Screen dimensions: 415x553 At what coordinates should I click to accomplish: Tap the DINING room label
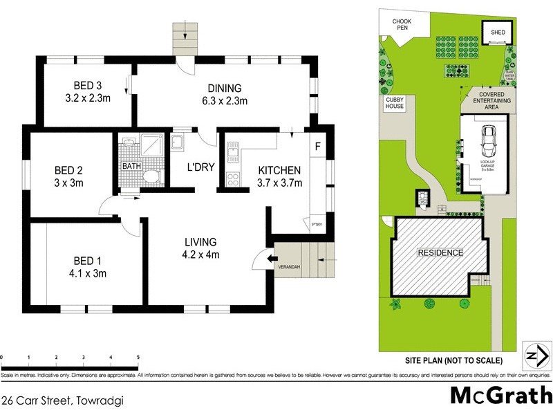224,88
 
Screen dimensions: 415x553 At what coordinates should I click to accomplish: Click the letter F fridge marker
317,147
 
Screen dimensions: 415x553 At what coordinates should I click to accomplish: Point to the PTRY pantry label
317,223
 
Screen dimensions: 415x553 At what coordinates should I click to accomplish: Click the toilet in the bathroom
150,178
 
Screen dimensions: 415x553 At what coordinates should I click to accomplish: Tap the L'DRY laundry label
199,167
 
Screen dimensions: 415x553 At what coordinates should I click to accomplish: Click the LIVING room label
200,242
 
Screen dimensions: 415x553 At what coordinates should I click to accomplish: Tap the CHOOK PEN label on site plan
402,25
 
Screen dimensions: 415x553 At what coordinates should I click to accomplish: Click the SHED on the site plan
498,33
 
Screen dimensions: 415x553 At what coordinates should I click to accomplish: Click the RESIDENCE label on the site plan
439,253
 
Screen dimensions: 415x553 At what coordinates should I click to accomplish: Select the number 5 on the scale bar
138,357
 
